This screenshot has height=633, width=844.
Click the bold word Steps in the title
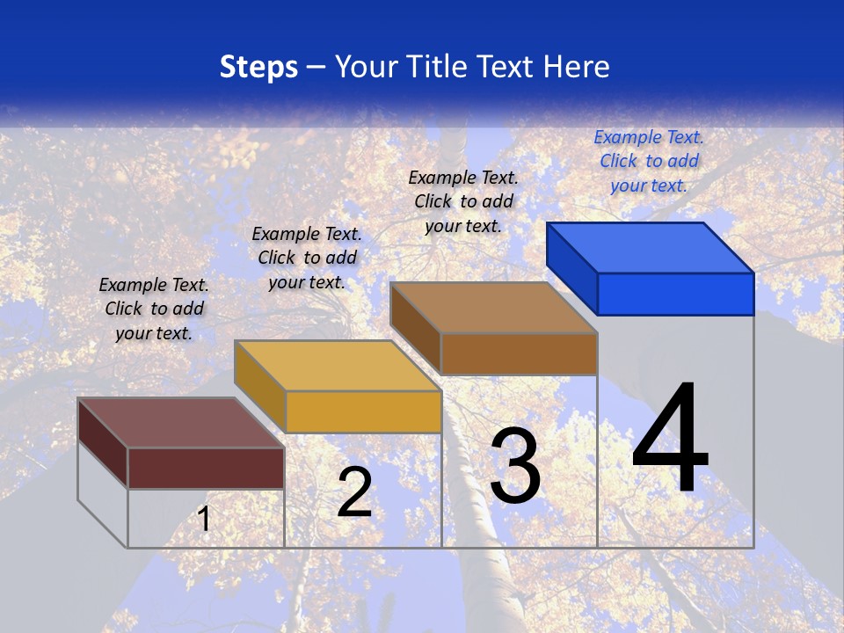tap(258, 67)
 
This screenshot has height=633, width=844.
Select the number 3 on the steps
tap(515, 466)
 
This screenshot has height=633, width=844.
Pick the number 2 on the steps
tap(354, 493)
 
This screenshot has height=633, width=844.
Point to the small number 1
tap(204, 519)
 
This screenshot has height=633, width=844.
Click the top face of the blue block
tap(651, 247)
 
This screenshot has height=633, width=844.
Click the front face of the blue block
tap(675, 294)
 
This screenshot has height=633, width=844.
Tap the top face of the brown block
tap(494, 308)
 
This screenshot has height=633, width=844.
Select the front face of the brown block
tap(519, 353)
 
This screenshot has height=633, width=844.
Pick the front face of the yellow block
tap(363, 411)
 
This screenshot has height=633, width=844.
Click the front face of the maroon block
tap(206, 468)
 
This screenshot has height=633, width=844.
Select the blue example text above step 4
tap(649, 161)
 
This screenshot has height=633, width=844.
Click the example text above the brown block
tap(463, 201)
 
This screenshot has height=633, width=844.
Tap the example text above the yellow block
tap(307, 258)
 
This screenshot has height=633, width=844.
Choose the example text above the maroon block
tap(154, 309)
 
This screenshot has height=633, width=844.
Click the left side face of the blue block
tap(571, 268)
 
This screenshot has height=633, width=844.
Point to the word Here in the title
tap(576, 67)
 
